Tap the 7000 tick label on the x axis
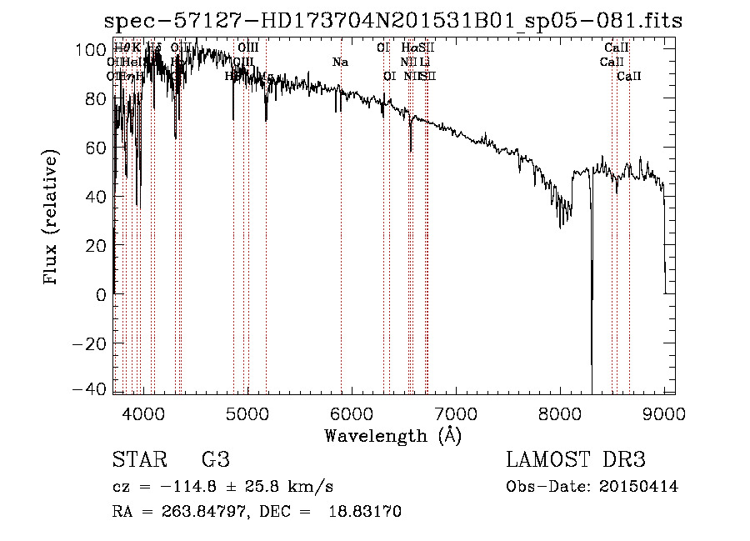coord(456,412)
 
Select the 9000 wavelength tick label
coord(664,412)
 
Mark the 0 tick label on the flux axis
coord(97,294)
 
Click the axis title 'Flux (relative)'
coord(52,218)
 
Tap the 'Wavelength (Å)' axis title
coord(392,436)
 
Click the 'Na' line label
coord(340,62)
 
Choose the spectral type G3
coord(216,460)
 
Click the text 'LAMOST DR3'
coord(576,460)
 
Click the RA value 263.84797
coord(191,512)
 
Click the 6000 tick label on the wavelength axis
coord(352,412)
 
